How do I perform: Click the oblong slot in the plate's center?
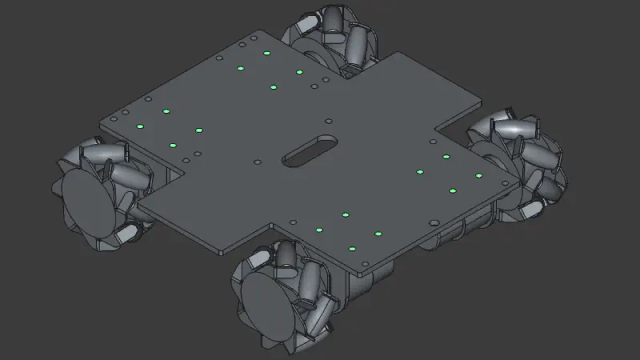tap(309, 150)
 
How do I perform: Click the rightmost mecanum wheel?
tap(520, 164)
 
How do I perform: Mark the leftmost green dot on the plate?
tap(139, 126)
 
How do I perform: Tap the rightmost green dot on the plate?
tap(479, 175)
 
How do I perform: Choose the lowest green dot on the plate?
tap(351, 249)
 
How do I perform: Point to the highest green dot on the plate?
tap(266, 54)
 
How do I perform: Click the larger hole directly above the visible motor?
tap(434, 222)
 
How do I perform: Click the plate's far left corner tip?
tap(100, 122)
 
